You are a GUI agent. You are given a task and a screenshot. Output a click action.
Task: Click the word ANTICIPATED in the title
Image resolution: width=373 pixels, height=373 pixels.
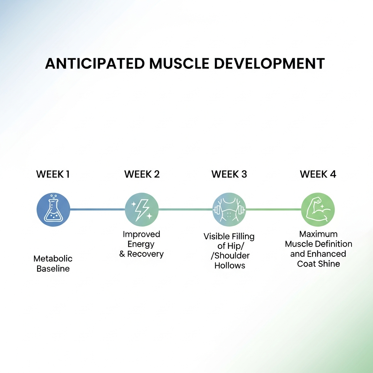95,63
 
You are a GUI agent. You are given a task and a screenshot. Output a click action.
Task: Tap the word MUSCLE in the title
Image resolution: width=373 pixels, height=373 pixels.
179,63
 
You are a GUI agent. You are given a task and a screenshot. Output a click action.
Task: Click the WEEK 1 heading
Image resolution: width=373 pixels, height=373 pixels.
53,174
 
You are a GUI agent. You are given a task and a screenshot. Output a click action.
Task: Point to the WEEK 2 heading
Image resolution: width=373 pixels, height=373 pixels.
142,174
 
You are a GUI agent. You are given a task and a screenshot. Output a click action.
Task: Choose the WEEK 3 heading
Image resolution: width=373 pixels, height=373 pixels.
229,174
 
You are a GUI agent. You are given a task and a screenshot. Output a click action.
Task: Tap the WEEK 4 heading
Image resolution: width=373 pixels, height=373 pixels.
318,174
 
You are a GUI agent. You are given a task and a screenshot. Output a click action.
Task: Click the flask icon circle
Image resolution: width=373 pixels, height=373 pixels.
53,209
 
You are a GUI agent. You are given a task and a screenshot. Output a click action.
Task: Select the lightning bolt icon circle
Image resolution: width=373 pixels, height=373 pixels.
142,209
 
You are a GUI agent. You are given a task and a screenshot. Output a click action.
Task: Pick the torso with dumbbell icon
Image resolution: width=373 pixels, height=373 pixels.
229,209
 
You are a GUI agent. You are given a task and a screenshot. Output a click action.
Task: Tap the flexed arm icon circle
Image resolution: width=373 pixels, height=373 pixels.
318,209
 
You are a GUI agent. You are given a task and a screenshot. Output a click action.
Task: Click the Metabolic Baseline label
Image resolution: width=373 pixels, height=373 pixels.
53,264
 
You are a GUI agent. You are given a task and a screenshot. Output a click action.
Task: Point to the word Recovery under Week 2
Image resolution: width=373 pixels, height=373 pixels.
145,254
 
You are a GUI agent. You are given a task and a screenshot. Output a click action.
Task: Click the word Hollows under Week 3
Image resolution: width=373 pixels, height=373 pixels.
229,266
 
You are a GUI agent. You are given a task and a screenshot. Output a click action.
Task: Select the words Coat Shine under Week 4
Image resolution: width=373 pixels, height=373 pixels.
318,264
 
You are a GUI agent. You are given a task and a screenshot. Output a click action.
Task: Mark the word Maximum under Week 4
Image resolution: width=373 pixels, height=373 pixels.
318,234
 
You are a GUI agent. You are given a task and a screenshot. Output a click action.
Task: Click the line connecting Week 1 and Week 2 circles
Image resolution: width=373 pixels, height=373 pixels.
98,209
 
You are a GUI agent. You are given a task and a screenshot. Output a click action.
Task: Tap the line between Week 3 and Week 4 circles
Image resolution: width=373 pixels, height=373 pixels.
274,209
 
